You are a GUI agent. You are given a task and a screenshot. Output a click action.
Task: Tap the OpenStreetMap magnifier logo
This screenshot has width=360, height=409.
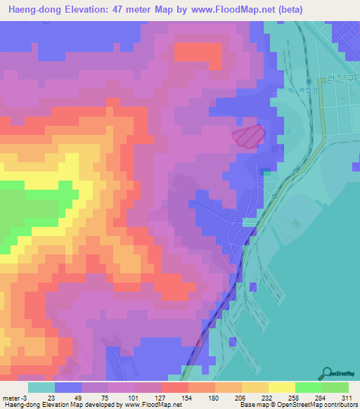coord(328,373)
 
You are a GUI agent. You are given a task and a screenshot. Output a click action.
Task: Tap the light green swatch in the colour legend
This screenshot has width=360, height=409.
coord(335,387)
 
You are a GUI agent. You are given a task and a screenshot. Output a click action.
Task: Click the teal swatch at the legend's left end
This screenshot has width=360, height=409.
coord(41,387)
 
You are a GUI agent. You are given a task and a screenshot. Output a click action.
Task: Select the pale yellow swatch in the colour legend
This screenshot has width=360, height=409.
coord(281,387)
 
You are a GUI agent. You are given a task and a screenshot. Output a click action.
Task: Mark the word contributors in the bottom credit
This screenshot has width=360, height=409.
coord(340,405)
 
